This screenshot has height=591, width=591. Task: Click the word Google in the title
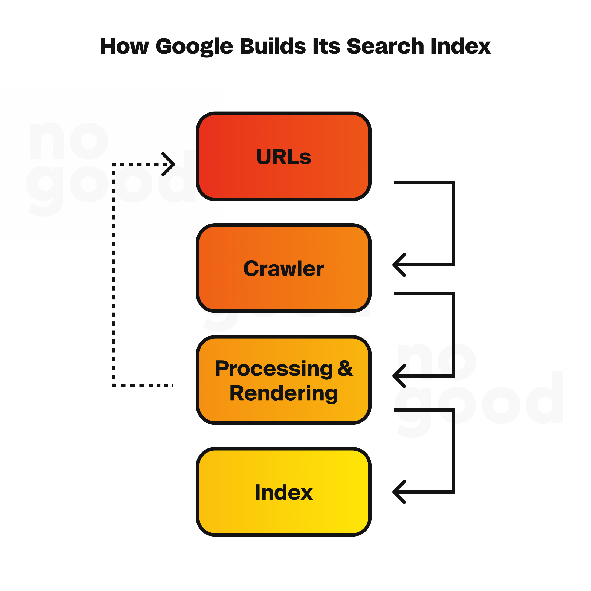(194, 47)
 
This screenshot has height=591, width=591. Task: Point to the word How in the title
(124, 47)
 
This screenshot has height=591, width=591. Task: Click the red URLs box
(283, 156)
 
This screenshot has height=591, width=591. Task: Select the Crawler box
(283, 268)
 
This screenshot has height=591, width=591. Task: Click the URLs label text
(283, 157)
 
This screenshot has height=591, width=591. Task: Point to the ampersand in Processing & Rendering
(345, 368)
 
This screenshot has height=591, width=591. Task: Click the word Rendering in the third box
(283, 394)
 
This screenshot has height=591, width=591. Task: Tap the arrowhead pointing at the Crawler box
(399, 265)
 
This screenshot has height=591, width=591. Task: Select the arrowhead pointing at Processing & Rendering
(399, 376)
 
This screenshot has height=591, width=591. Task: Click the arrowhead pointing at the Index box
(399, 492)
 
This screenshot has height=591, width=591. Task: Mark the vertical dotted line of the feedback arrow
(114, 275)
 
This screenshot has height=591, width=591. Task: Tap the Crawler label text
(283, 269)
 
